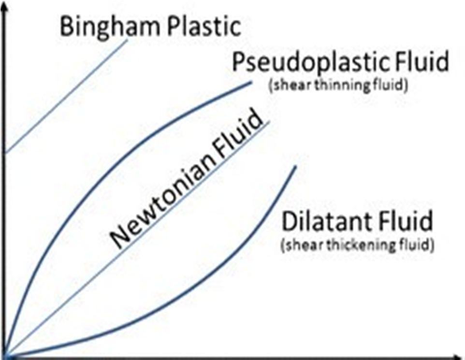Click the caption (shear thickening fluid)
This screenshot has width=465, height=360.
coord(357,245)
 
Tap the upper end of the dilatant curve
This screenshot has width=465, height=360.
coord(295,167)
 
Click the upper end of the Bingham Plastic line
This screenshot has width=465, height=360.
coord(128,40)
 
